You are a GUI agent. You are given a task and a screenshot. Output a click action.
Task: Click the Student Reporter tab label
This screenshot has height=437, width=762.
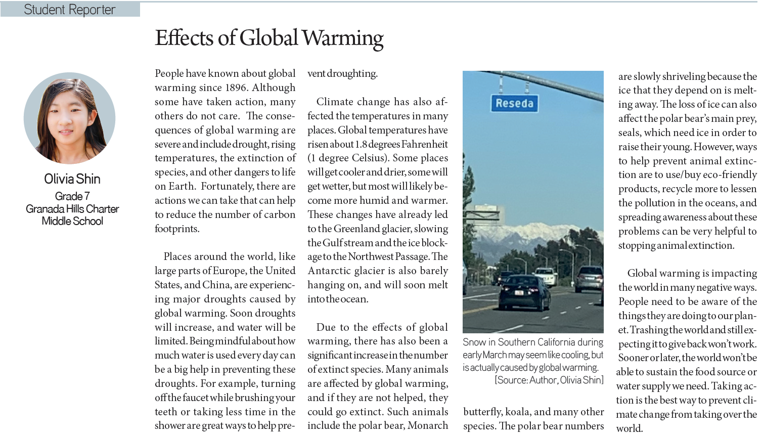click(x=69, y=10)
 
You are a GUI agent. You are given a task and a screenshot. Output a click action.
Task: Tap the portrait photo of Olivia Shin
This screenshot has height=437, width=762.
click(x=69, y=118)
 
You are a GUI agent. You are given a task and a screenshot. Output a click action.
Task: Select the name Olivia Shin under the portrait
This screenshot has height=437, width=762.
click(x=72, y=179)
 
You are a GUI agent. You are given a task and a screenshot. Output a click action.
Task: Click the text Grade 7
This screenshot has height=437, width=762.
click(x=72, y=196)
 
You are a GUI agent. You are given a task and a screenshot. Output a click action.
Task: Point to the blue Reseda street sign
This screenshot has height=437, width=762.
click(x=514, y=103)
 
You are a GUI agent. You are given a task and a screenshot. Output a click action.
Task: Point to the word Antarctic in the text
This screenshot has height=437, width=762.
click(x=332, y=271)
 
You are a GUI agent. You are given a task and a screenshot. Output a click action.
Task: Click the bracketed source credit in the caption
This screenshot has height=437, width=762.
click(x=549, y=380)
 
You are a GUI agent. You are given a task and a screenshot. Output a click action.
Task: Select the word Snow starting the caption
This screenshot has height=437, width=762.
click(x=474, y=342)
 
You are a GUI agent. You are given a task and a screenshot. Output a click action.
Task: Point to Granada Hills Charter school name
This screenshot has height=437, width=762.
click(x=72, y=209)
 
